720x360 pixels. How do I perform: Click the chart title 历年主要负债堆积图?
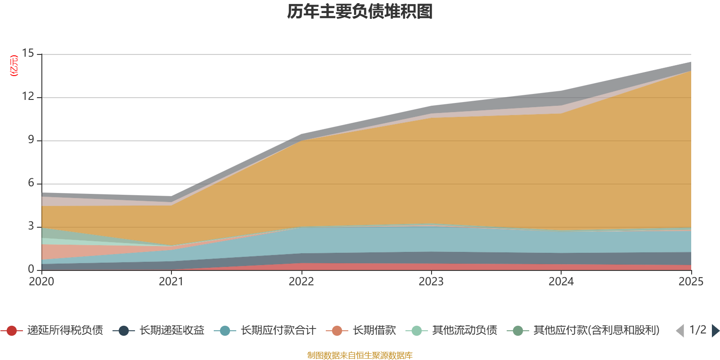[360, 12]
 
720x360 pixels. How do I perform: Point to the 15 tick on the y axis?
[28, 54]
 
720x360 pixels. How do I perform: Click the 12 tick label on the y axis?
[28, 97]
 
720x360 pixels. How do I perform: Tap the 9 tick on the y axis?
[31, 140]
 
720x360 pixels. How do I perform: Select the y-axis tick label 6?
[31, 183]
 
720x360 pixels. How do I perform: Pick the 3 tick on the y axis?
[31, 226]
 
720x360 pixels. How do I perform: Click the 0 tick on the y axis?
[31, 270]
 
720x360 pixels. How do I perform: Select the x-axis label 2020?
[41, 282]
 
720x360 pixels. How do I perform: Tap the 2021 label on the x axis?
[171, 282]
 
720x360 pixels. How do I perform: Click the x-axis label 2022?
[301, 282]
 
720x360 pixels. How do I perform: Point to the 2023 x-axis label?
[431, 282]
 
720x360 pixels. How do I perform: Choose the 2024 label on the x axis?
[561, 282]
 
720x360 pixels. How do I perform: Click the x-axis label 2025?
[690, 282]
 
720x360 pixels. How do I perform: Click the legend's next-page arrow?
[715, 331]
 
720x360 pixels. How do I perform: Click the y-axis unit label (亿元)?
[14, 66]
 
